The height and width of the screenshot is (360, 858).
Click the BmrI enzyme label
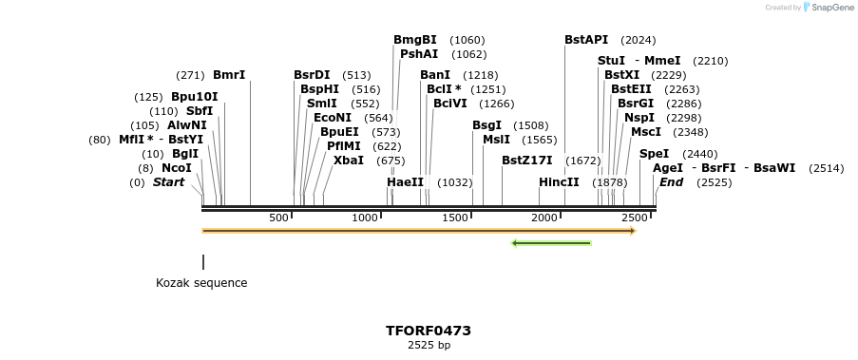click(229, 75)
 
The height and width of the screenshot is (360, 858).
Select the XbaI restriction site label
click(349, 161)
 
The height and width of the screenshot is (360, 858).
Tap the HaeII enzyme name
click(405, 182)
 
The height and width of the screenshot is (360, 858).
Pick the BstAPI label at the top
click(586, 40)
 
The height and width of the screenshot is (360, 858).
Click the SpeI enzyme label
click(654, 154)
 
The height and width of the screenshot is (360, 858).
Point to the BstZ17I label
click(526, 161)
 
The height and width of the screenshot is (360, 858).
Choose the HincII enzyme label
click(559, 182)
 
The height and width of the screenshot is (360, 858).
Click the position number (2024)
click(638, 40)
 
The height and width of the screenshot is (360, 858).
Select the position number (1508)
click(530, 125)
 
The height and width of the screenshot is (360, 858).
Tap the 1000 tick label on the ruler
click(366, 218)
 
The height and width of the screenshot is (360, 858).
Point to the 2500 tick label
click(634, 218)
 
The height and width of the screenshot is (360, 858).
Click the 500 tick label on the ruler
click(278, 218)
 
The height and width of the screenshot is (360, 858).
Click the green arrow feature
click(551, 243)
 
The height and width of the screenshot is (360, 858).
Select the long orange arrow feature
click(418, 231)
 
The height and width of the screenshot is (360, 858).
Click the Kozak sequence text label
click(201, 283)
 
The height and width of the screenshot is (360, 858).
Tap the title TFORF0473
click(429, 331)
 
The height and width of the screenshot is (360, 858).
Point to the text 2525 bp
click(429, 345)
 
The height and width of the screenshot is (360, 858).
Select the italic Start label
click(169, 182)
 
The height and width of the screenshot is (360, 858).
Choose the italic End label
click(671, 182)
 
